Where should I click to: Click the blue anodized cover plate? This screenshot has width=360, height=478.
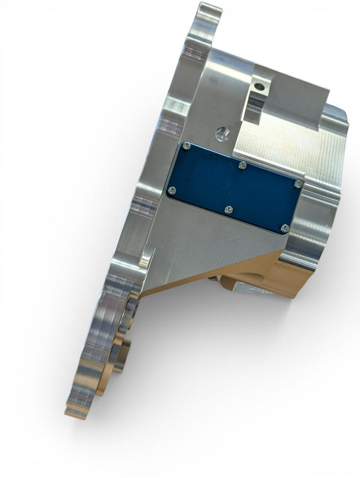(234, 189)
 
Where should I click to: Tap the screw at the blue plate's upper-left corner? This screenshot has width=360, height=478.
(186, 146)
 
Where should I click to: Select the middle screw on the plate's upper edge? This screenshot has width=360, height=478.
(242, 166)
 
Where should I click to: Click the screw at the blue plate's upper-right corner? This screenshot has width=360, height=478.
(298, 184)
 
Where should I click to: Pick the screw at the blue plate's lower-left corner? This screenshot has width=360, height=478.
(172, 190)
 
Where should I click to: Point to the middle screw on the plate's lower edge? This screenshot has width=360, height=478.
(228, 210)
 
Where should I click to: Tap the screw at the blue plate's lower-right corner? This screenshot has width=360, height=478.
(285, 228)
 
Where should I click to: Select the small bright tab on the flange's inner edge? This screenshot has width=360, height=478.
(146, 260)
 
